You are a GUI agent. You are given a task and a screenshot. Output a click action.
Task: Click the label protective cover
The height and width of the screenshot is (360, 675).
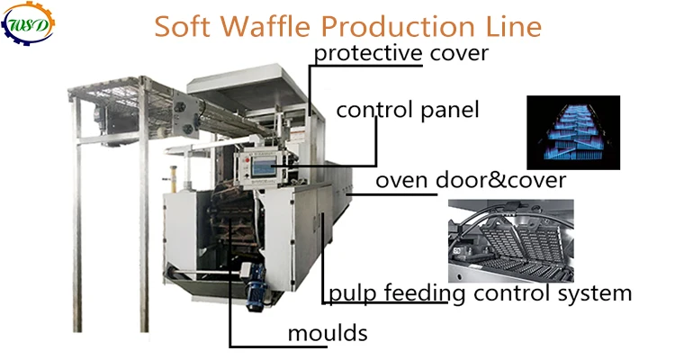[400, 53]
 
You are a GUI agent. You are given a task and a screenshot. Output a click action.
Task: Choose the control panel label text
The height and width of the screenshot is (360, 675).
[407, 111]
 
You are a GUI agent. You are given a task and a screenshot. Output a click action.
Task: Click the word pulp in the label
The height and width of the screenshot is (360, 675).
[349, 293]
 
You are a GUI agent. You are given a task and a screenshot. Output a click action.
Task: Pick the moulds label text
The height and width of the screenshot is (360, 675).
[328, 334]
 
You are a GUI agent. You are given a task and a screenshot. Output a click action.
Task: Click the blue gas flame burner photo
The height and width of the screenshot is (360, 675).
[574, 132]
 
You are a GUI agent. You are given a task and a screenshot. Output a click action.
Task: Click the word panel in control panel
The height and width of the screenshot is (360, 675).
[451, 111]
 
